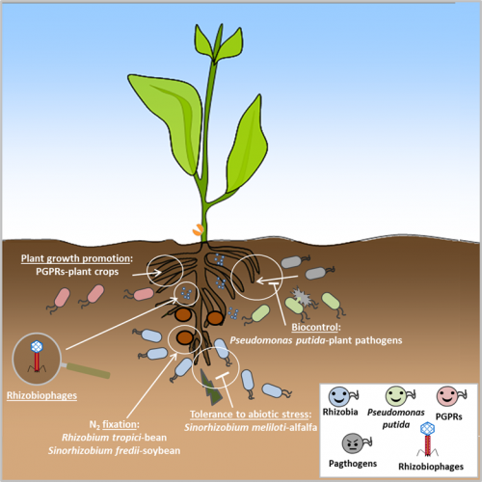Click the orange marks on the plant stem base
click(x=198, y=230)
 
